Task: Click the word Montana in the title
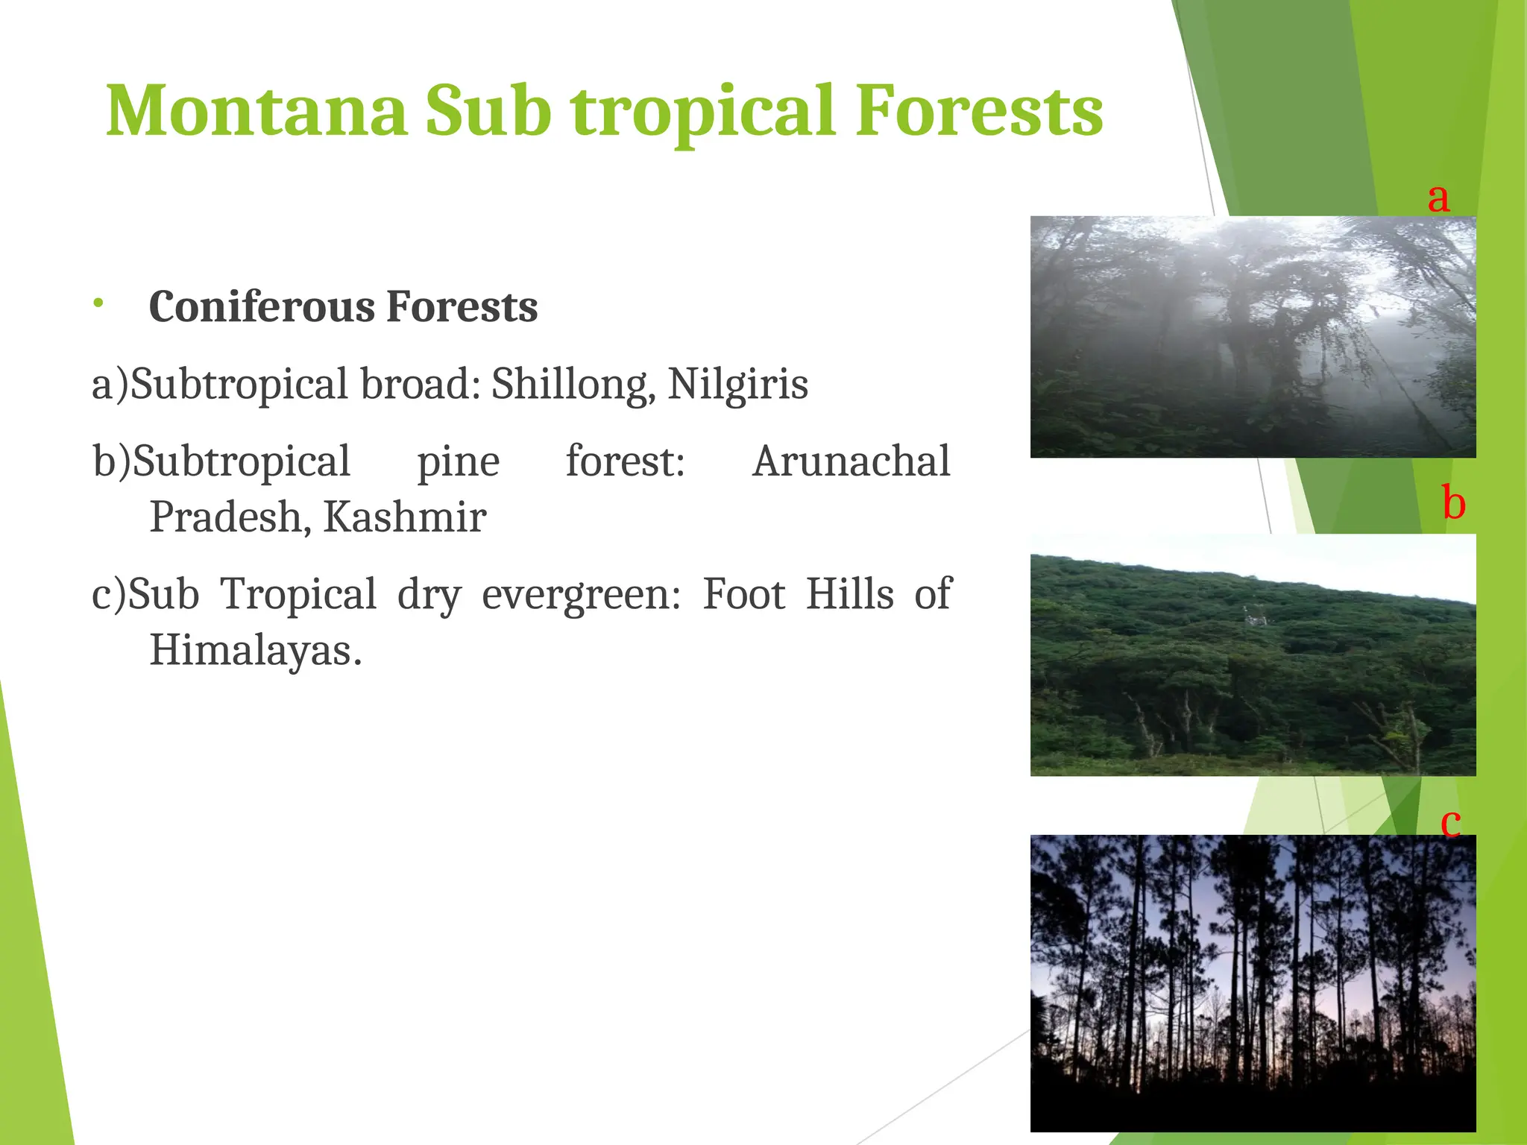[x=256, y=112]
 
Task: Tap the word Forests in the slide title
[x=978, y=112]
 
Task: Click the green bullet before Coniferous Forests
[x=98, y=302]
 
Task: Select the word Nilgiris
[x=737, y=385]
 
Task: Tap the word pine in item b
[x=458, y=461]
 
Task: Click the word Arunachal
[x=851, y=461]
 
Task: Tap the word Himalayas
[x=255, y=650]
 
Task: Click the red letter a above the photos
[x=1438, y=198]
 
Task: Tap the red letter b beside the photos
[x=1453, y=503]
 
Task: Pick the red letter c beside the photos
[x=1450, y=823]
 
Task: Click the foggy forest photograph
[x=1253, y=337]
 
